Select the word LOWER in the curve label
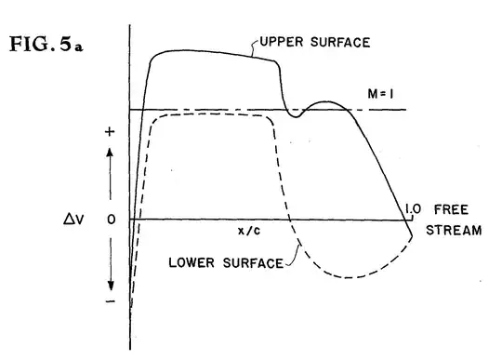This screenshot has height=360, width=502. [190, 263]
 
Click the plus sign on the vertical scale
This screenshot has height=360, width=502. [110, 132]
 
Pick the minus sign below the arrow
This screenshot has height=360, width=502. [110, 303]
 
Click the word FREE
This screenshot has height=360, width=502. [451, 208]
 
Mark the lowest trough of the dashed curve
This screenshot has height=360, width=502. [353, 277]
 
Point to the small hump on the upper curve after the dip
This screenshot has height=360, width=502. [324, 101]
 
